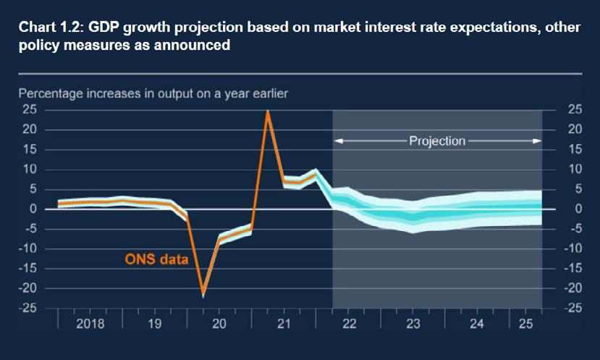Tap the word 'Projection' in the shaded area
pos(437,141)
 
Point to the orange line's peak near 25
pos(268,112)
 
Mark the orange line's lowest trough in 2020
pos(203,293)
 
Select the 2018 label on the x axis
pos(90,324)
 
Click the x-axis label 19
pos(154,324)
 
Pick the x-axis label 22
pos(349,324)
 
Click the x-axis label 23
pos(413,324)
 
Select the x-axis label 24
pos(476,324)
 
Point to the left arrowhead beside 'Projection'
pos(338,141)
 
